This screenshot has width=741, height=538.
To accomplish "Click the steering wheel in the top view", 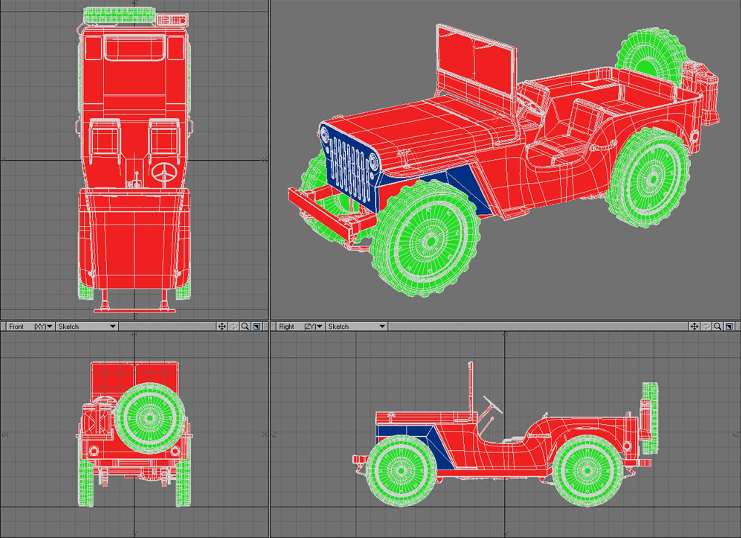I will (164, 175).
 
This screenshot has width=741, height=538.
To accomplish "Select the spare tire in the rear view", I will (150, 417).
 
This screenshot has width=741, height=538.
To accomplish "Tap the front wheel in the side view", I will (401, 470).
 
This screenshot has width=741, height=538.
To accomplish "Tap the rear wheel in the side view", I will (587, 470).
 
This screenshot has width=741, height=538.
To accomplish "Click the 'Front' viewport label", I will (16, 326).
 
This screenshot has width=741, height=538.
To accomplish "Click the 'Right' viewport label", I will (286, 326).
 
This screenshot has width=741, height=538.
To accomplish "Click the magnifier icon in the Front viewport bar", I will (245, 326).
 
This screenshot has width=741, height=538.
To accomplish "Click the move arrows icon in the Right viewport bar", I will (694, 326).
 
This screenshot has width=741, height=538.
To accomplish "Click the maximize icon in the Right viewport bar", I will (729, 326).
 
